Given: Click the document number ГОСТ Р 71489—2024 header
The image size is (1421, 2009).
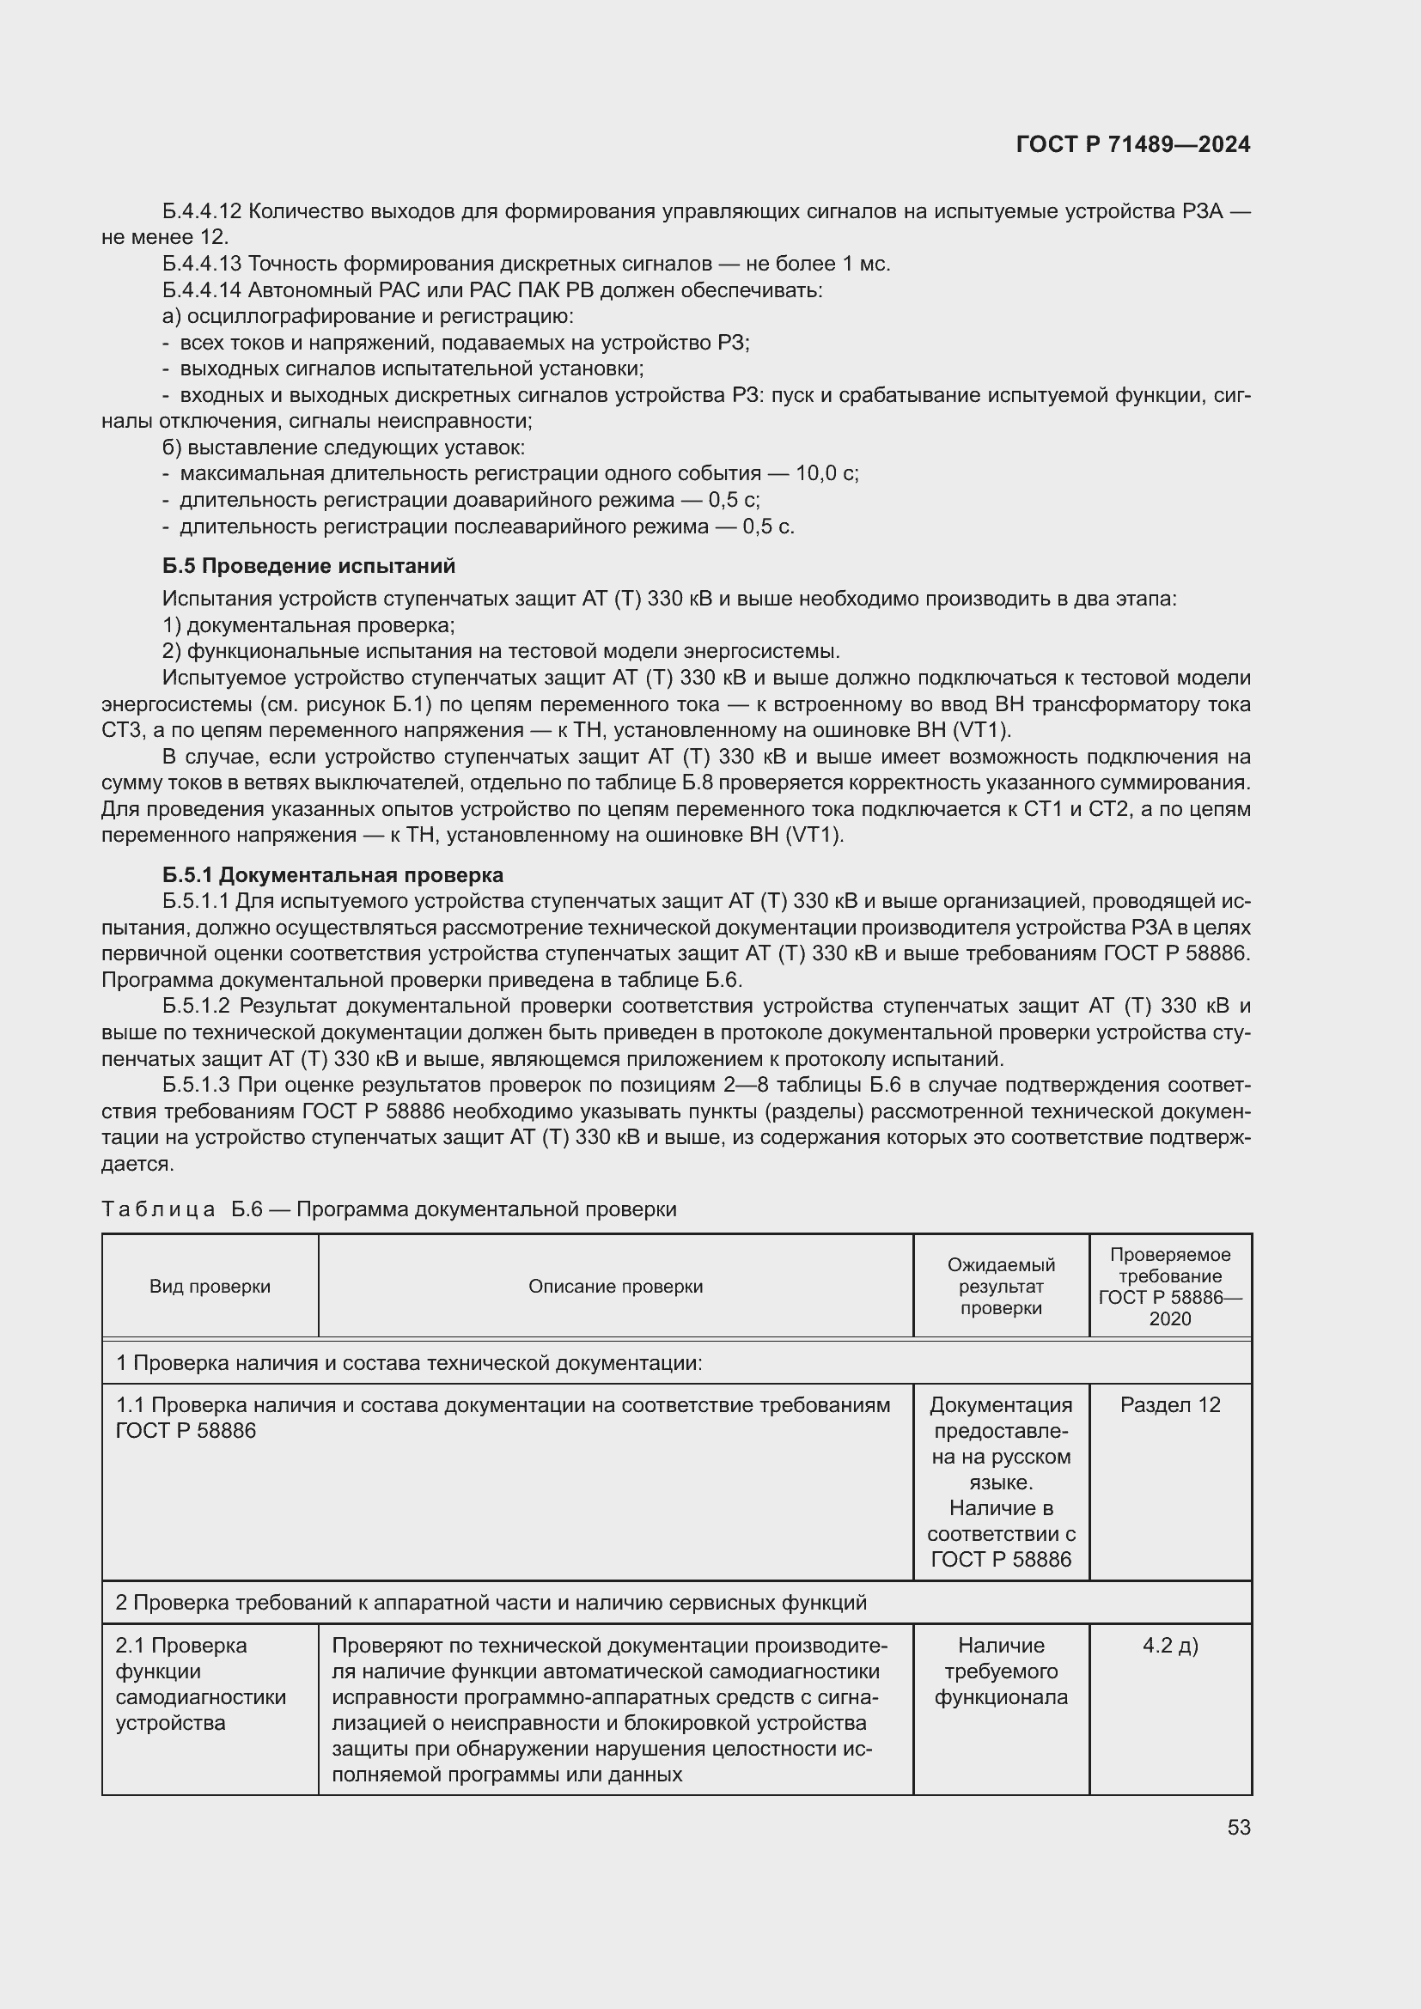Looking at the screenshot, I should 1132,145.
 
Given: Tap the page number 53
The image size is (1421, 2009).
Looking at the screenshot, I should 1238,1828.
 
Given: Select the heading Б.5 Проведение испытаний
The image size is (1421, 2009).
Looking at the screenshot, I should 308,566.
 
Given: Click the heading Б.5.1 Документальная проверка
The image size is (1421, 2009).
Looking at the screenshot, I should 332,875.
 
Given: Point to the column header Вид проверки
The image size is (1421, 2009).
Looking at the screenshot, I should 210,1287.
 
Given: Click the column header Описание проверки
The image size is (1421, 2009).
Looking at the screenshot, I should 615,1287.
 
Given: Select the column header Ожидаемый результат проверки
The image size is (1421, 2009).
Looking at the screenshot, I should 1001,1287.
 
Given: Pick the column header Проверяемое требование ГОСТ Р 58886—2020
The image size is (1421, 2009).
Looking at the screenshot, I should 1170,1287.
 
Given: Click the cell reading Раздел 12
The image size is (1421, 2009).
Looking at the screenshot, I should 1170,1405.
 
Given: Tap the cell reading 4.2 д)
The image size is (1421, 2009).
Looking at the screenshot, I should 1170,1646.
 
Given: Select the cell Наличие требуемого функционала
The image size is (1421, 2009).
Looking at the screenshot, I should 1001,1671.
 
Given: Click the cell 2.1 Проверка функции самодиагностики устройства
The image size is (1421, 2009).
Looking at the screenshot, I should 201,1683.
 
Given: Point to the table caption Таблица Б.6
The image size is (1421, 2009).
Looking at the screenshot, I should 388,1209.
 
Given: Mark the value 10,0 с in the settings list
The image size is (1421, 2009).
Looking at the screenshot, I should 824,473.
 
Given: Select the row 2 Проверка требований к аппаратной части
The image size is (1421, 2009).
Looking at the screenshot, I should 490,1603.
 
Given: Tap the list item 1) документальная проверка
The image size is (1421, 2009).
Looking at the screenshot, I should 308,625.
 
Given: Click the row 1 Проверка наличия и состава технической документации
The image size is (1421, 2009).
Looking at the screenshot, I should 409,1363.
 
